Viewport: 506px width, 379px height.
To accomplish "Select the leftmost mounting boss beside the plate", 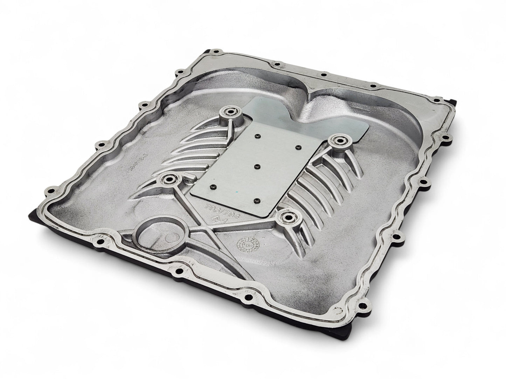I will (167, 180).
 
